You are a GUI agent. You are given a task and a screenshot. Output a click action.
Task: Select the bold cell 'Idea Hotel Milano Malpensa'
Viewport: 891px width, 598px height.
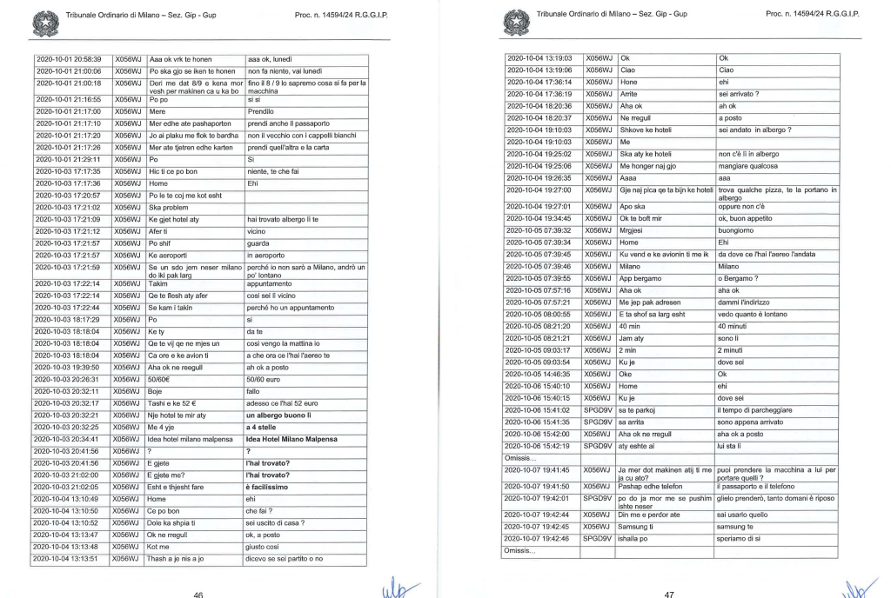point(291,439)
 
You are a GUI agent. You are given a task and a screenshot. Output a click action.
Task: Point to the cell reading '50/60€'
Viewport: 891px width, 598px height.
point(163,378)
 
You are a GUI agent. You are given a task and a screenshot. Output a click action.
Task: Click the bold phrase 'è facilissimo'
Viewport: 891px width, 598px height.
point(271,488)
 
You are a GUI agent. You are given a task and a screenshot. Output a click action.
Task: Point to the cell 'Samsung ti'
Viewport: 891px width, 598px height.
point(640,526)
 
